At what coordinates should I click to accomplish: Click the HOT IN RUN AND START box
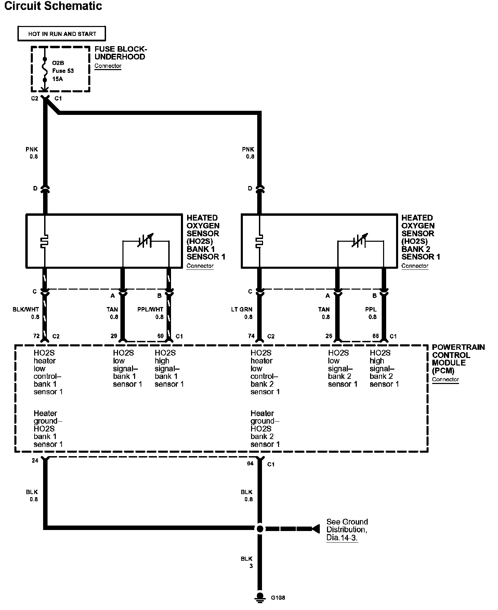pos(62,34)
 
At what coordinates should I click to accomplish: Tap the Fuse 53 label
pos(63,71)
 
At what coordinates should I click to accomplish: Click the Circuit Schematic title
pos(53,6)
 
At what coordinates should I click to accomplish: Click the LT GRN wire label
pos(242,309)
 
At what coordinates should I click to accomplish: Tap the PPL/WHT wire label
pos(150,309)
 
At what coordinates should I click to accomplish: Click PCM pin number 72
pos(36,336)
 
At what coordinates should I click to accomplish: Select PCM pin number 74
pos(251,336)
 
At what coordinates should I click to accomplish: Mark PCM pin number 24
pos(35,461)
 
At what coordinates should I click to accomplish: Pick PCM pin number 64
pos(250,463)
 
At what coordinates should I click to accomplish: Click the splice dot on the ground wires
pos(260,529)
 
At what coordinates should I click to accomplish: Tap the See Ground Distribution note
pos(347,529)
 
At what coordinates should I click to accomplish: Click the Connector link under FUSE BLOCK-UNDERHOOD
pos(108,66)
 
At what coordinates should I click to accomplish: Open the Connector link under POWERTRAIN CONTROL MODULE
pos(445,379)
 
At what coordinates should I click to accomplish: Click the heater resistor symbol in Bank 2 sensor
pos(260,241)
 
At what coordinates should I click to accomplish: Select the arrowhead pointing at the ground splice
pos(315,529)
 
